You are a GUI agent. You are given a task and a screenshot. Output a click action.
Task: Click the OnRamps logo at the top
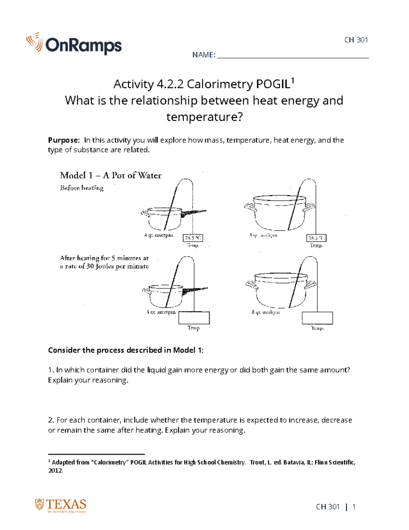pyautogui.click(x=74, y=44)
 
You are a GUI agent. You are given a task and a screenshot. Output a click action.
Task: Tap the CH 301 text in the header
pyautogui.click(x=356, y=40)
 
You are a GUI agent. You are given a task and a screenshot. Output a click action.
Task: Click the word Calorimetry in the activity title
pyautogui.click(x=220, y=84)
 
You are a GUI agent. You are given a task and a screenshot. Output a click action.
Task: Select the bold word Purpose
pyautogui.click(x=63, y=140)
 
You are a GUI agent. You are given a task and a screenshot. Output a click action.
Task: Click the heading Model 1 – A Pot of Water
pyautogui.click(x=110, y=175)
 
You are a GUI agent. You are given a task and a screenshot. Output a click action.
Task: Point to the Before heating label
pyautogui.click(x=82, y=188)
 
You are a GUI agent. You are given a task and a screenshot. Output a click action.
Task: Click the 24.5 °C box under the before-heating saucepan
pyautogui.click(x=193, y=238)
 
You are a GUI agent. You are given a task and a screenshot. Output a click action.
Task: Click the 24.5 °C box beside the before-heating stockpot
pyautogui.click(x=317, y=238)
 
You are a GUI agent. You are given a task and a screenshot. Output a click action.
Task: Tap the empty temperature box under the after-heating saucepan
pyautogui.click(x=194, y=318)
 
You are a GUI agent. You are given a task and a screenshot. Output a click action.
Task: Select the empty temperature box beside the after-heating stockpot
pyautogui.click(x=317, y=318)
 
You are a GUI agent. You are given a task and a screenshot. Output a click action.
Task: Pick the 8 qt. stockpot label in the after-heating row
pyautogui.click(x=266, y=312)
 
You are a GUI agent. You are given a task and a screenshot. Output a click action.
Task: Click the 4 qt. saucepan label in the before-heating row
pyautogui.click(x=159, y=235)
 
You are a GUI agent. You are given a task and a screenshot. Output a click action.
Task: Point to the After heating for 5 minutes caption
pyautogui.click(x=104, y=262)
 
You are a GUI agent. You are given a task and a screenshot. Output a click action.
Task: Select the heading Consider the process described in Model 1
pyautogui.click(x=125, y=350)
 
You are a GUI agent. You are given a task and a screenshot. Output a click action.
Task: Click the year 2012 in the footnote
pyautogui.click(x=55, y=471)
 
